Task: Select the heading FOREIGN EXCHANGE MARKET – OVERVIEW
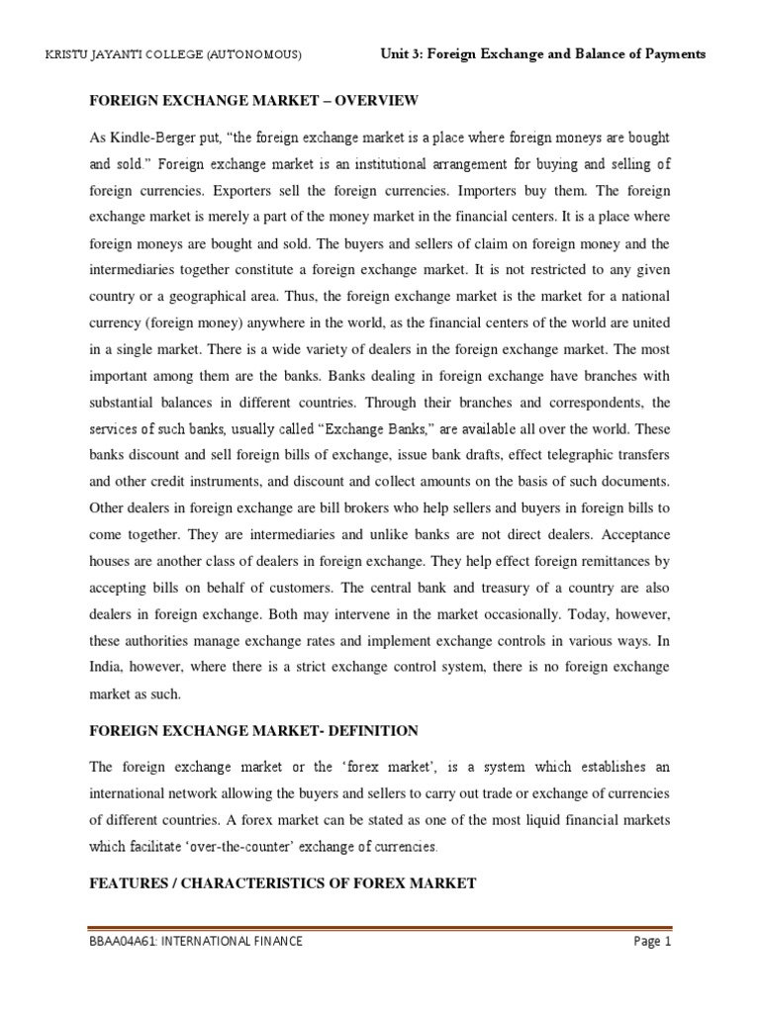coord(254,101)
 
